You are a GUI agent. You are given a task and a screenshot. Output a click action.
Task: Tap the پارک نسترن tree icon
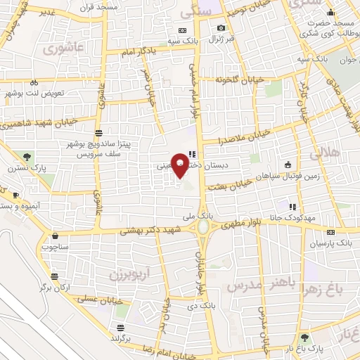tap(27, 156)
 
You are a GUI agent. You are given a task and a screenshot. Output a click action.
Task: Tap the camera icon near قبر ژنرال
tap(221, 28)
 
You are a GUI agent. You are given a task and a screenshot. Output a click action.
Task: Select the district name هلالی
tap(324, 151)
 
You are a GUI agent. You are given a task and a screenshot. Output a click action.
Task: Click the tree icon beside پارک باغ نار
tap(304, 337)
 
